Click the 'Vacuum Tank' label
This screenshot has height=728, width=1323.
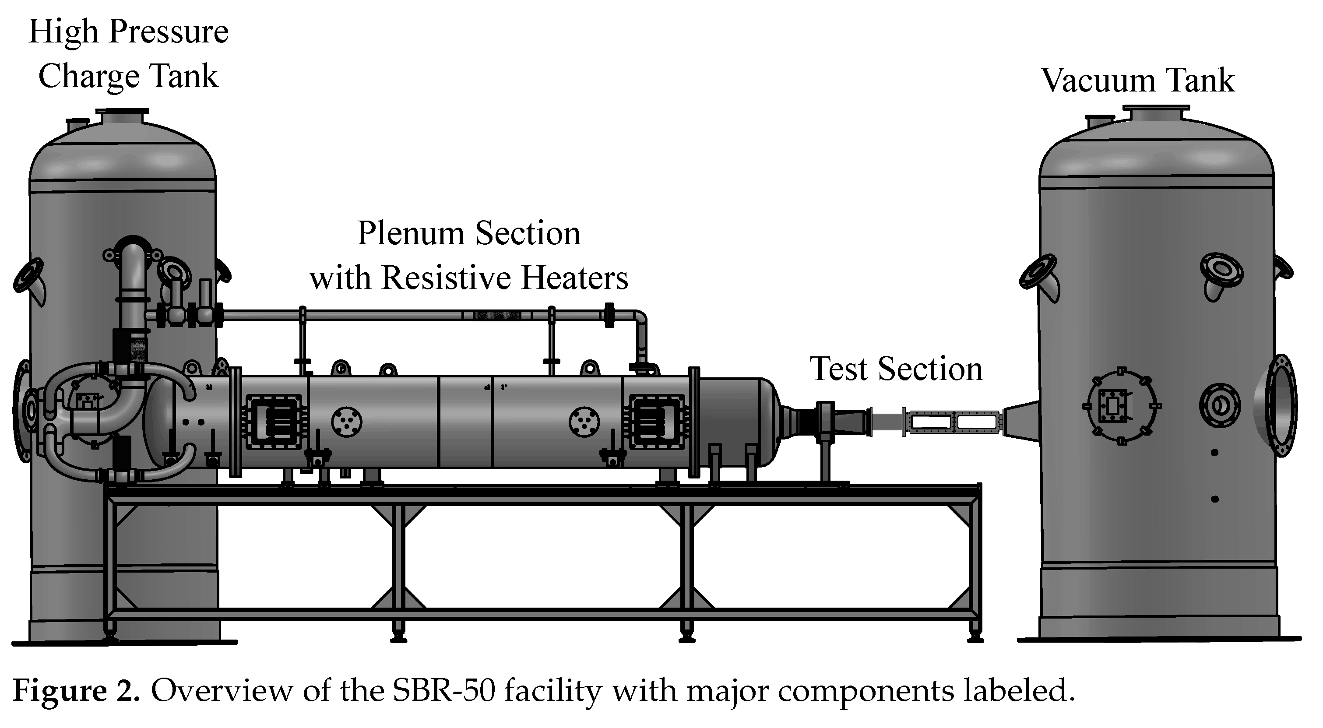pos(1137,81)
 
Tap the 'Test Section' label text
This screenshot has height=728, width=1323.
pos(896,369)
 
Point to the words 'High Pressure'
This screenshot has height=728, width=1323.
pos(128,32)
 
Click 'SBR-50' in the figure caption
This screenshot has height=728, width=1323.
pos(444,691)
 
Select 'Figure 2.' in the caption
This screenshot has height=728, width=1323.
pos(76,691)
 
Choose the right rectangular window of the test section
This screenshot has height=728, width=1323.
pos(977,422)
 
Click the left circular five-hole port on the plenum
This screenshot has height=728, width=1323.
pos(347,422)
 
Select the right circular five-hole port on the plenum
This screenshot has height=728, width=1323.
pos(584,422)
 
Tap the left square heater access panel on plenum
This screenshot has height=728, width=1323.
pos(274,422)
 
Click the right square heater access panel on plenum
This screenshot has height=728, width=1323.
pos(656,422)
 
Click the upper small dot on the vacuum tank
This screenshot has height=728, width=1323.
pos(1214,452)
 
